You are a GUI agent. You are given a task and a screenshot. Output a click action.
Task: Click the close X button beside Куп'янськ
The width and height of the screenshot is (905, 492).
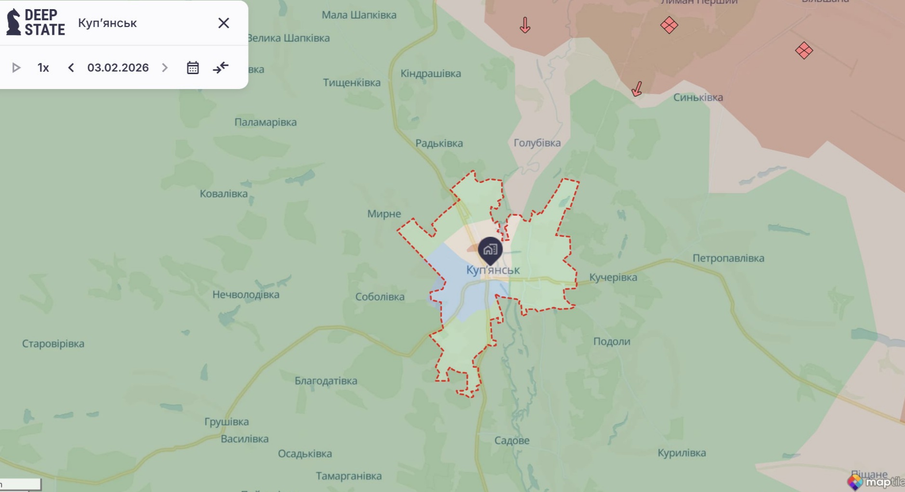coord(223,23)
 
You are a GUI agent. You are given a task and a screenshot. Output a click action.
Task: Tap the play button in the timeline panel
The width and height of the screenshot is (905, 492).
coord(16,68)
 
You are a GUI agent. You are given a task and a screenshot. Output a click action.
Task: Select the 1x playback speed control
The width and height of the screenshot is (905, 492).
coord(43,68)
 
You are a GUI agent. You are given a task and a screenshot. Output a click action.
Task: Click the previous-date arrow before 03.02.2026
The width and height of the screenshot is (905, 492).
coord(71,68)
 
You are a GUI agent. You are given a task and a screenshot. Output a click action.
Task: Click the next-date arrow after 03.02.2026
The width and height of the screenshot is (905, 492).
coord(165,68)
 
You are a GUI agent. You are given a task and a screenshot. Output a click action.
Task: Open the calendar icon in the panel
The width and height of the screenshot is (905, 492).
coord(193,68)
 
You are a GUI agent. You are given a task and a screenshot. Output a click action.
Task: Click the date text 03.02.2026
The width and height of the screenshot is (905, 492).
coord(118,68)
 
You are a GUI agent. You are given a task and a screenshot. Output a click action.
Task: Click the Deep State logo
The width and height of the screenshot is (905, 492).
coord(36,23)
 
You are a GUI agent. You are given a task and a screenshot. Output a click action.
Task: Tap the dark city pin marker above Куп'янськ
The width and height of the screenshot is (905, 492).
coord(490,250)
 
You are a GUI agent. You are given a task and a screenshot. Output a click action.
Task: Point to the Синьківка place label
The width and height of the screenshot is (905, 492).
coord(698,98)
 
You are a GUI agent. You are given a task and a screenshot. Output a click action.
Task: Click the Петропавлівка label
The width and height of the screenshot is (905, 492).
coord(728,259)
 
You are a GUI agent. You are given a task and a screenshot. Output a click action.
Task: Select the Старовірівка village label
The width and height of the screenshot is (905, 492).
coord(53,344)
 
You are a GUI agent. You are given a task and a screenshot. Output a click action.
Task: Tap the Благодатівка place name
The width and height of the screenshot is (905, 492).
coord(326,381)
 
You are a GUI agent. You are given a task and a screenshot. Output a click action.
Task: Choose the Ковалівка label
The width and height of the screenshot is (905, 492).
coord(223,194)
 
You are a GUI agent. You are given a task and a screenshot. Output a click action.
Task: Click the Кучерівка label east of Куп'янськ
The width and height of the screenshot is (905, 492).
coord(613,277)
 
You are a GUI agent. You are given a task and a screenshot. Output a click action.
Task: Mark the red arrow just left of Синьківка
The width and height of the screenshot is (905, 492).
coord(637,89)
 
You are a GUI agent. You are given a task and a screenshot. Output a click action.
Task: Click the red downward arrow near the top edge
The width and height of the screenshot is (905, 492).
coord(525,25)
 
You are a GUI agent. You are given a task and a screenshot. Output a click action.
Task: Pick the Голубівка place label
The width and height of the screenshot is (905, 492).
coord(537,143)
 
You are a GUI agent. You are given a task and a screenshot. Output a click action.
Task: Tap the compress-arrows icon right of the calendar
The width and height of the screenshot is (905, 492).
coord(221,68)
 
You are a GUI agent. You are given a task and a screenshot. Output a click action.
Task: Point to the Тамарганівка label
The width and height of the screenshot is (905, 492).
coord(349,476)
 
